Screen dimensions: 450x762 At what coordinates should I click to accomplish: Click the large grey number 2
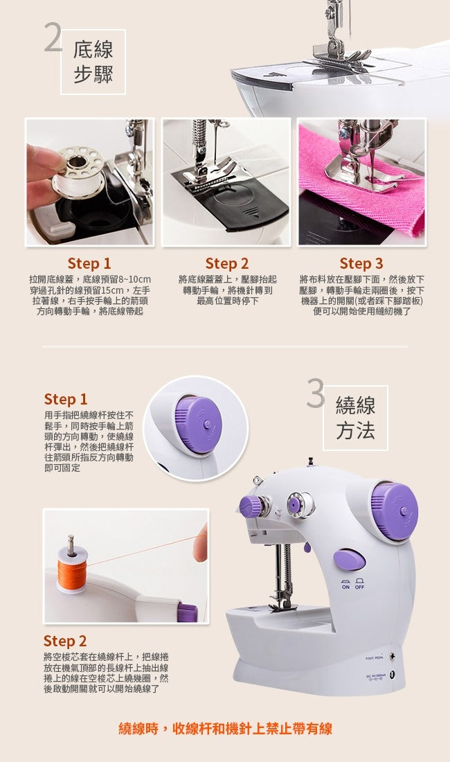pos(53,38)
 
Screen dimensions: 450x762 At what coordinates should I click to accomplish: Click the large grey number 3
pos(316,393)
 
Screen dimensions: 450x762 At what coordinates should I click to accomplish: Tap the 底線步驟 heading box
pos(93,62)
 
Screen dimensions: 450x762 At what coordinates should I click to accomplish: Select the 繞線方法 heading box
pos(355,418)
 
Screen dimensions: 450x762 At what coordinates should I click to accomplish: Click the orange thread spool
pos(72,574)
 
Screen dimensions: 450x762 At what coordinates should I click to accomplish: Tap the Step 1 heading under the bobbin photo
pos(89,263)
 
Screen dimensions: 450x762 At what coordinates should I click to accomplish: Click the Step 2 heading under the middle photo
pos(226,263)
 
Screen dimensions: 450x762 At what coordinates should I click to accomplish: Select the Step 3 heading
pos(361,263)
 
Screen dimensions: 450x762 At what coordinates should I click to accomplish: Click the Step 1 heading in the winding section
pos(66,399)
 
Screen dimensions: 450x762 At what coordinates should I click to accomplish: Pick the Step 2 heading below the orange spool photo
pos(65,641)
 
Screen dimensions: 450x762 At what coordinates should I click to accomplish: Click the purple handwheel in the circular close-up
pos(199,425)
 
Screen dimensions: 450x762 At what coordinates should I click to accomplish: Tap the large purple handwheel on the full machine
pos(395,511)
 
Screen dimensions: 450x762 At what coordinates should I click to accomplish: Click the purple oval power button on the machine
pos(350,559)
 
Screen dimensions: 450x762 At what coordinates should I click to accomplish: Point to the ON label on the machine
pos(345,587)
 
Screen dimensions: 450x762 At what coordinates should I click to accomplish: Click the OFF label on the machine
pos(359,587)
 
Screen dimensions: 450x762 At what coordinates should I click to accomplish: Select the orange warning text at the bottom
pos(225,729)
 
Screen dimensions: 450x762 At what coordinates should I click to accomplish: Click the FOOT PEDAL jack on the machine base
pos(393,657)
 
